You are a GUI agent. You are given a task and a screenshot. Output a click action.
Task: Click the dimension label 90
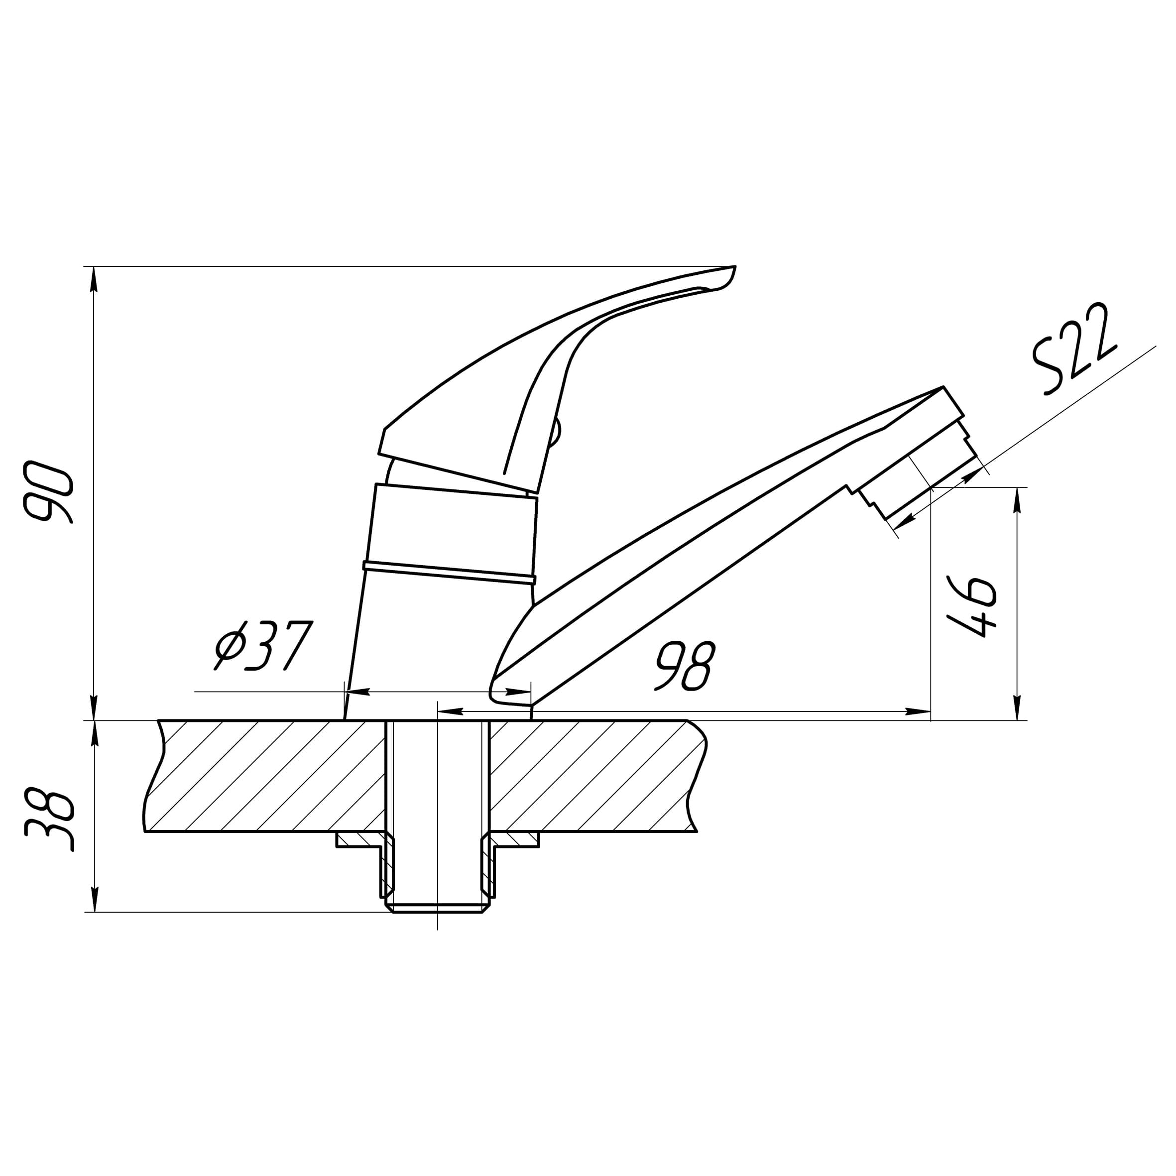click(47, 492)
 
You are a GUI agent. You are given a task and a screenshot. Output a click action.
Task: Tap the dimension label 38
click(49, 820)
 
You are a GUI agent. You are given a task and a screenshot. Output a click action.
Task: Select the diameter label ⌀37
click(263, 646)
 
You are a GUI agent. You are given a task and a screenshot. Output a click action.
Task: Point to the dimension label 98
click(685, 666)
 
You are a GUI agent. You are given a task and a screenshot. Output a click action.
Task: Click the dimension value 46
click(972, 606)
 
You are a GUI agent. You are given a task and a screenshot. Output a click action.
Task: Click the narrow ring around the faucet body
click(449, 572)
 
